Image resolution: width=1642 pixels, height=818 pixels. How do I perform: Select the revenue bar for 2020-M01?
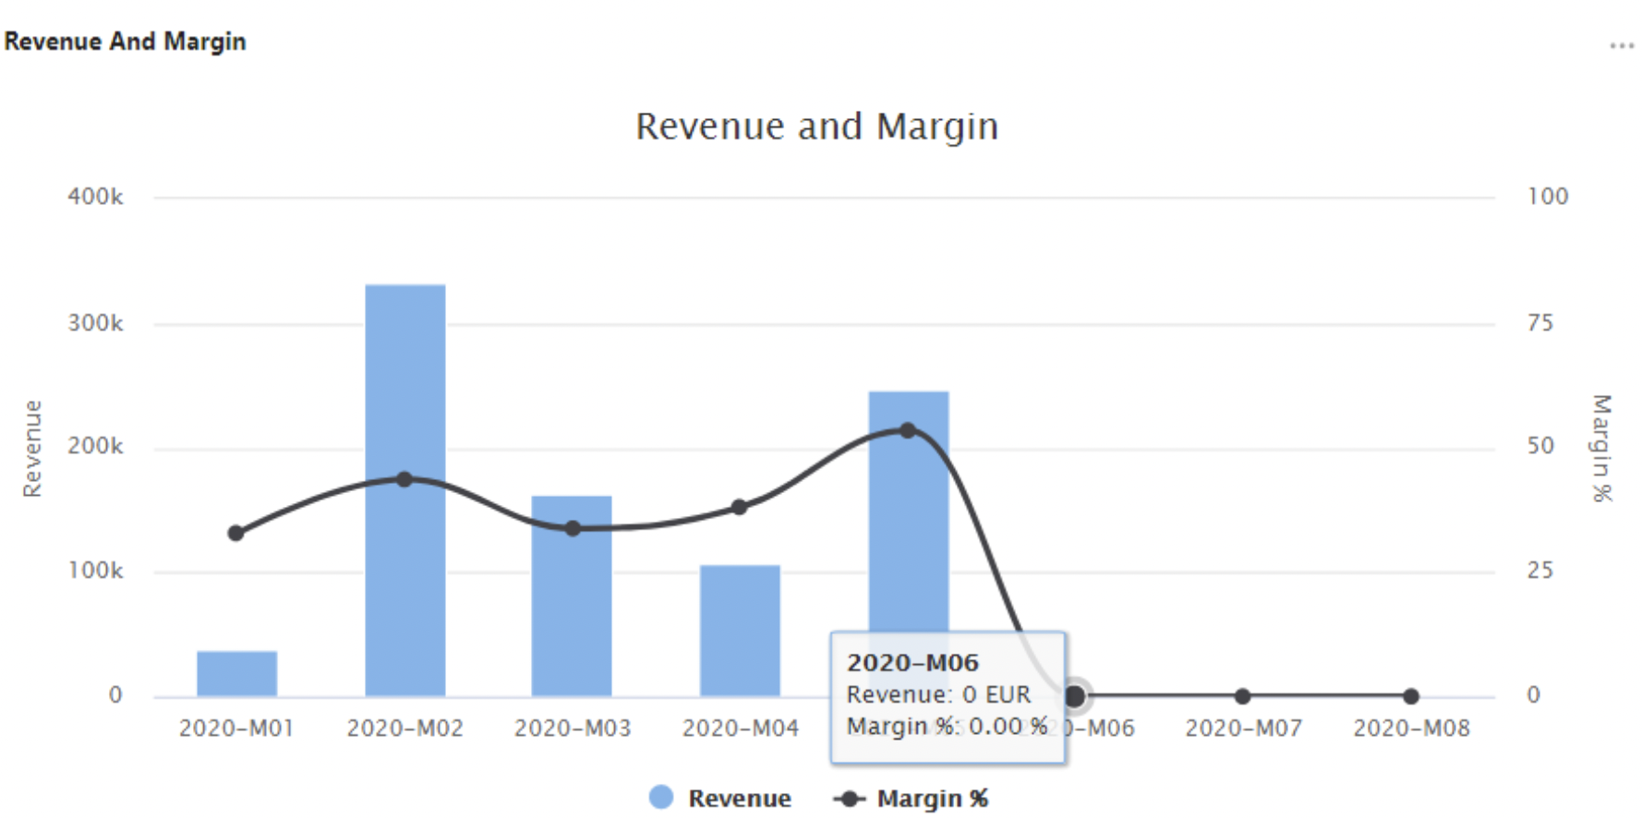coord(236,673)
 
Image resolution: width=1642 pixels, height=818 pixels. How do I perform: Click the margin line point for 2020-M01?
coord(235,533)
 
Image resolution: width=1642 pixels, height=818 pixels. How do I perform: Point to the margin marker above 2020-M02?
coord(404,479)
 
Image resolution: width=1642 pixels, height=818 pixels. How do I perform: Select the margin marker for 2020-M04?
coord(739,507)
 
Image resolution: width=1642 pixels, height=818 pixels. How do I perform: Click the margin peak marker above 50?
coord(908,430)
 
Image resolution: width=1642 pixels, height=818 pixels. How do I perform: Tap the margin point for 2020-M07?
coord(1242,696)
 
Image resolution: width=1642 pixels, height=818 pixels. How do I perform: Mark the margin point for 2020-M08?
coord(1410,696)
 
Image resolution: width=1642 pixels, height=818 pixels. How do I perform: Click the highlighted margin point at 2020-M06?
coord(1074,696)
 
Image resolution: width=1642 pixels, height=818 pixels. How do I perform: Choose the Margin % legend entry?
coord(912,798)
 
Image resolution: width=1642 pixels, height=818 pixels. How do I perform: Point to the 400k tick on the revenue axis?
coord(95,197)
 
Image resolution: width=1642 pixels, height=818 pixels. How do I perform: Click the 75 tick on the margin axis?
coord(1539,323)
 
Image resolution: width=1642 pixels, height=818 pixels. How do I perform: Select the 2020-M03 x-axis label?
coord(573,728)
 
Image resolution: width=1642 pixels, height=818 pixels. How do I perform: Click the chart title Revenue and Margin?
coord(817,126)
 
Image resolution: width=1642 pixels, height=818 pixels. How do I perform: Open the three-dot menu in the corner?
coord(1621,45)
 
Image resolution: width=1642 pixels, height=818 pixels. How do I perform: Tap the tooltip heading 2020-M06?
coord(912,662)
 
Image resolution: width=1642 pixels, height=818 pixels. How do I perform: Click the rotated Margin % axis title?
coord(1601,448)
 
